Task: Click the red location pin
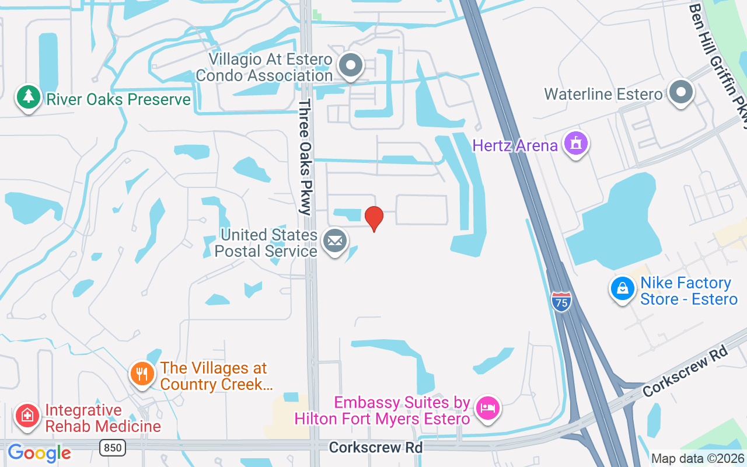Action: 373,218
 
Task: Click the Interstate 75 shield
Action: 560,301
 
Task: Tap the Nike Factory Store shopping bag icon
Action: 623,288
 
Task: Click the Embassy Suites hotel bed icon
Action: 487,407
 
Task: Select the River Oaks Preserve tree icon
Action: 28,97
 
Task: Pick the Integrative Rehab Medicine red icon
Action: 27,416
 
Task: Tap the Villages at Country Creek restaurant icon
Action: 142,372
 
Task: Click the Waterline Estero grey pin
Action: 680,92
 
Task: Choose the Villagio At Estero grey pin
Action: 351,65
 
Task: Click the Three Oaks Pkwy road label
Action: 306,158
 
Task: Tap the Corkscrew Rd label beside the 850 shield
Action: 375,447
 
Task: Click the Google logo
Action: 39,452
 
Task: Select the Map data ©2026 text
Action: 697,459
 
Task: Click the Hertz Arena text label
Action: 515,145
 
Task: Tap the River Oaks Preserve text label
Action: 118,99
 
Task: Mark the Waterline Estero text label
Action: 603,94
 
